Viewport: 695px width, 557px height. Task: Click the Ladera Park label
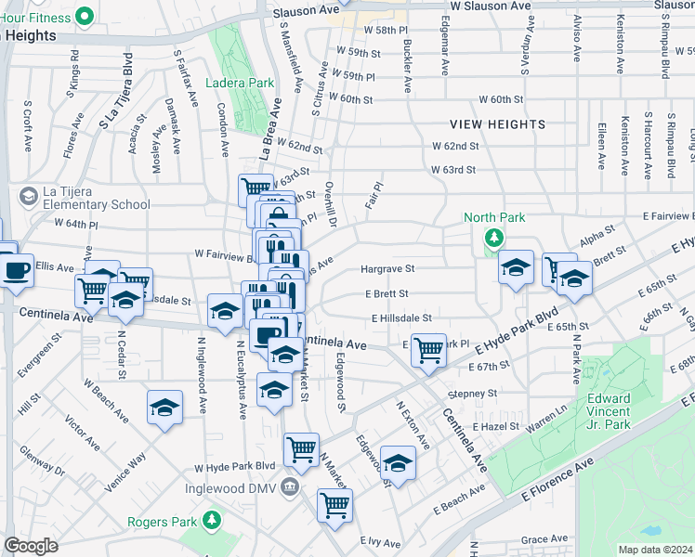(x=240, y=83)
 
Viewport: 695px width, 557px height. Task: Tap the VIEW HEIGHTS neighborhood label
(x=497, y=124)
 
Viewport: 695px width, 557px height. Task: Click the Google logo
(x=31, y=546)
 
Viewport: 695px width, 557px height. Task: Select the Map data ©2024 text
(x=655, y=550)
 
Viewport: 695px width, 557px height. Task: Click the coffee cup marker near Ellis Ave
(x=15, y=270)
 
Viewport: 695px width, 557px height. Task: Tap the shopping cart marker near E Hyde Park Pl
(x=428, y=351)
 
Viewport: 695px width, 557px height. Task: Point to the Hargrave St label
(x=387, y=269)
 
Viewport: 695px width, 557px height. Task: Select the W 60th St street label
(x=502, y=99)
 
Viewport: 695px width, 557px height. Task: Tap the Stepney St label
(x=478, y=394)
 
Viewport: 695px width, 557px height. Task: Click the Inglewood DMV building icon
(x=290, y=488)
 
